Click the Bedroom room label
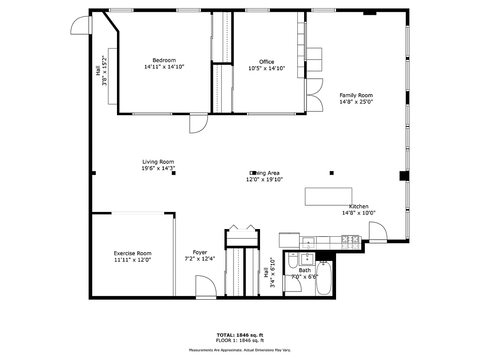tap(164, 60)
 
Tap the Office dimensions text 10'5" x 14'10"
tap(266, 68)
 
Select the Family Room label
tap(356, 95)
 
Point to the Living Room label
tap(158, 162)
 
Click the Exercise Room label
tap(132, 253)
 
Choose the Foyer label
tap(200, 252)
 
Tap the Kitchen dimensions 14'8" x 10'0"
tap(359, 213)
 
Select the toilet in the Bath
tap(293, 261)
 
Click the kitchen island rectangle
tap(328, 196)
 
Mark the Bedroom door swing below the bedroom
tap(198, 123)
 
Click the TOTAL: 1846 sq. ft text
tap(240, 335)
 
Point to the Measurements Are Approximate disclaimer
tap(240, 350)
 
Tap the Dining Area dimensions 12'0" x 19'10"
tap(264, 179)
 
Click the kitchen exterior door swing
tap(378, 232)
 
